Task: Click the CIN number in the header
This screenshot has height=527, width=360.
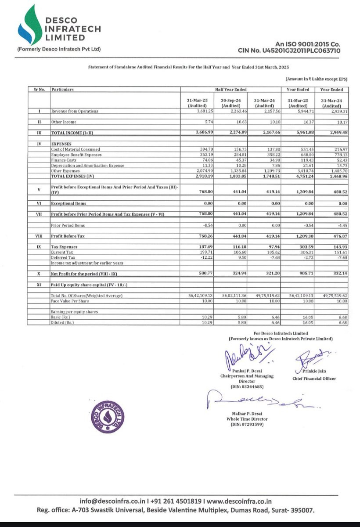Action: tap(289, 51)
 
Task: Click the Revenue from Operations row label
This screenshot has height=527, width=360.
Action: tap(75, 112)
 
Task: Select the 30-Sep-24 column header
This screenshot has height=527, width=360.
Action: tap(230, 103)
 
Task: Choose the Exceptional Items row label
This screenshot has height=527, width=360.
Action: tap(68, 203)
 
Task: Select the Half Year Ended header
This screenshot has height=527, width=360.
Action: tap(230, 90)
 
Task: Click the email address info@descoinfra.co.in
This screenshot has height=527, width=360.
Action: tap(112, 501)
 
